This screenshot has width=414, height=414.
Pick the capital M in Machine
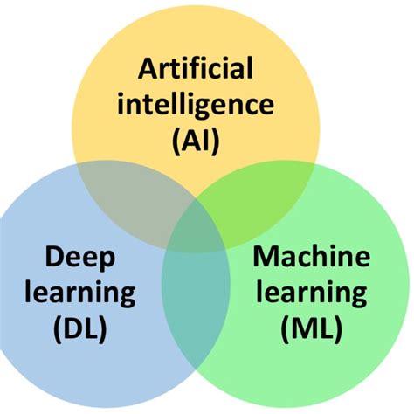point(264,259)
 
